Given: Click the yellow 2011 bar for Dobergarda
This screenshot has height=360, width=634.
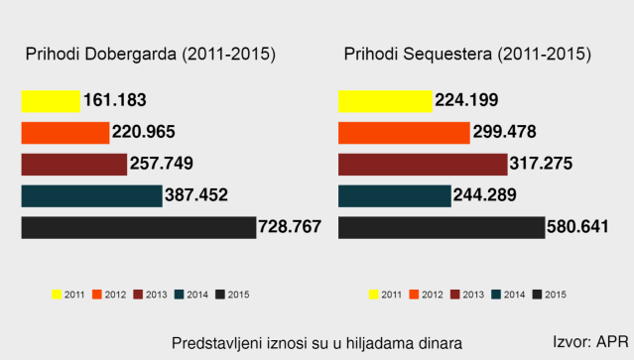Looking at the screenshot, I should click(50, 100).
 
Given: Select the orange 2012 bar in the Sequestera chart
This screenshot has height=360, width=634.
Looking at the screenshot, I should click(403, 132).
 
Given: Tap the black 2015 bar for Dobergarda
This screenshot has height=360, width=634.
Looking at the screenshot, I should click(138, 227).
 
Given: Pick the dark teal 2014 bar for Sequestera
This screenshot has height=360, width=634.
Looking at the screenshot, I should click(395, 195).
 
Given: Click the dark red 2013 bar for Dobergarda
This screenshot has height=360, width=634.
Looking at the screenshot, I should click(73, 164).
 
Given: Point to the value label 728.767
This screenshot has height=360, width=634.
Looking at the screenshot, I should click(290, 227).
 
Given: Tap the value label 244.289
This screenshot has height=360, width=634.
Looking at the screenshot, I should click(485, 195).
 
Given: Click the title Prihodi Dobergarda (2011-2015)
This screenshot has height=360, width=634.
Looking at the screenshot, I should click(150, 54).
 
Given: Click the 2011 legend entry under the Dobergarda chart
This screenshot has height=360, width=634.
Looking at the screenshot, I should click(67, 294).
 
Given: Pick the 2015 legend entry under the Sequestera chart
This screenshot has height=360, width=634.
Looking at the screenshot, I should click(550, 294).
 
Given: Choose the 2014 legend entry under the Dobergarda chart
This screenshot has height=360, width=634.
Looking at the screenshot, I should click(190, 294).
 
